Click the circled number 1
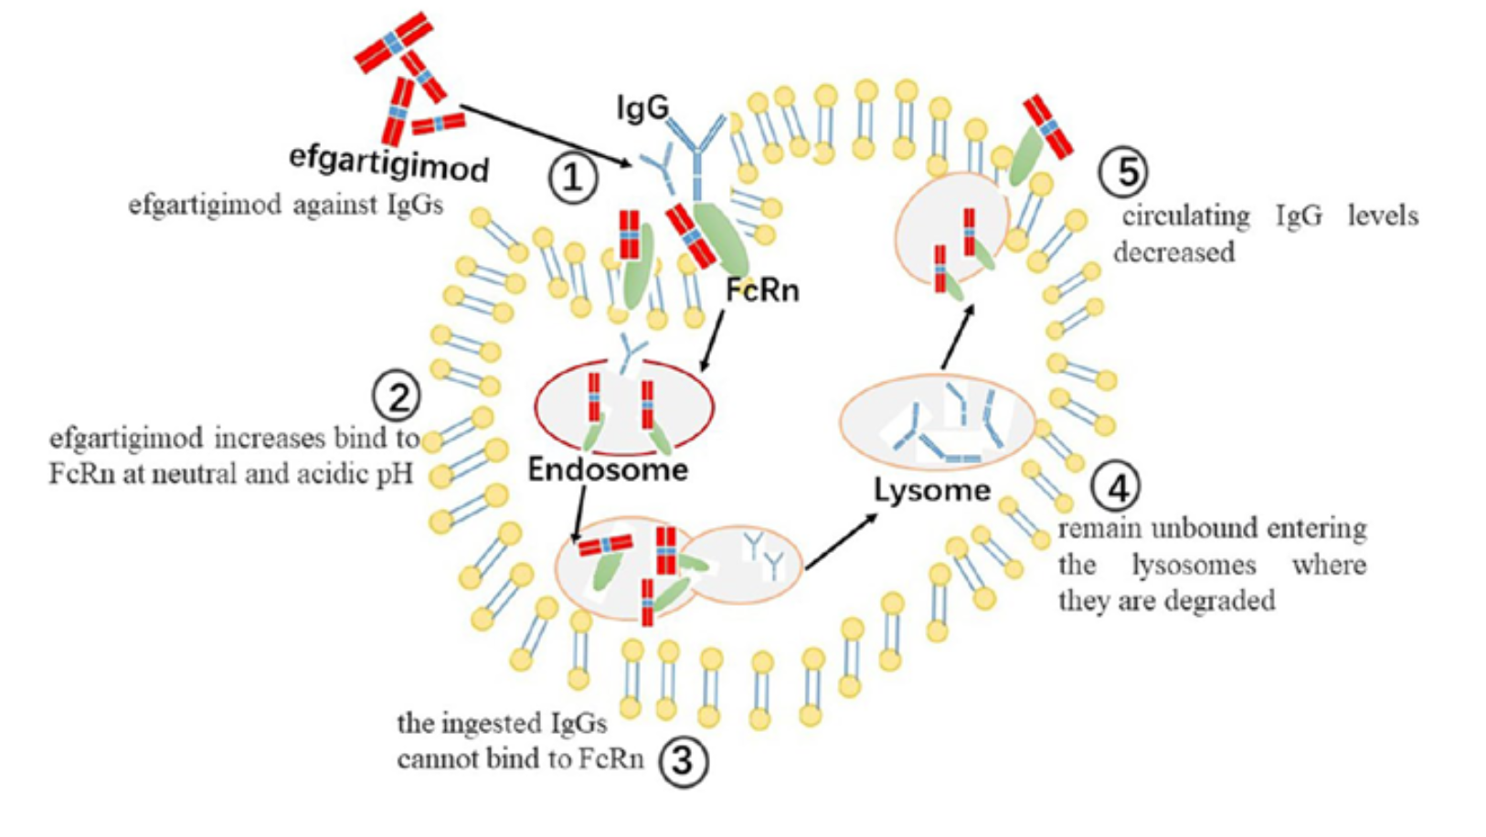coord(573,177)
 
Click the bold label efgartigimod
coord(389,163)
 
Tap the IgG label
coord(642,109)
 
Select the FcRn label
coord(762,291)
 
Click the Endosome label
coord(608,470)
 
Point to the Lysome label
coord(932,491)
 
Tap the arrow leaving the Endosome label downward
coord(578,514)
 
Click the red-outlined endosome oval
coord(624,408)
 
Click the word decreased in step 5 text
coord(1173,251)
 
